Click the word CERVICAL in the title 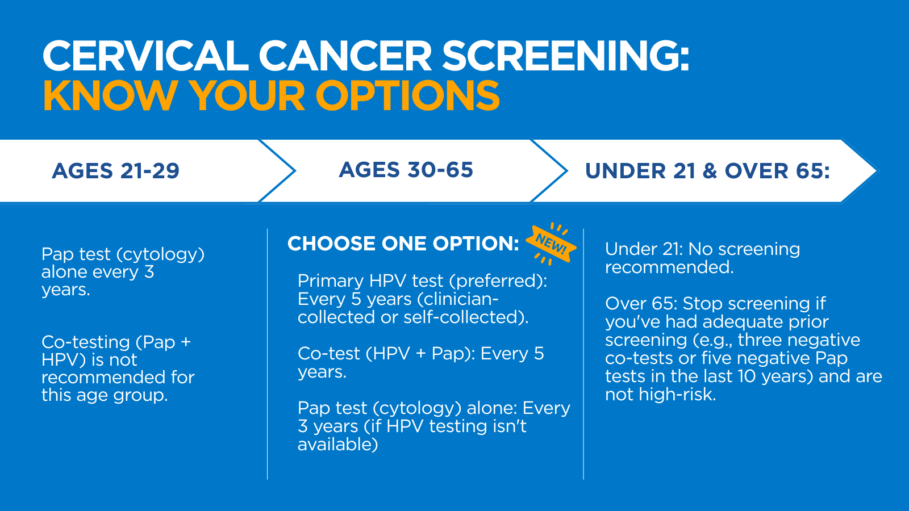pyautogui.click(x=145, y=57)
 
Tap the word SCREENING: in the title pyautogui.click(x=566, y=57)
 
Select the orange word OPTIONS pyautogui.click(x=407, y=95)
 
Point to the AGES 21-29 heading pyautogui.click(x=115, y=171)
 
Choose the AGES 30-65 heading pyautogui.click(x=406, y=170)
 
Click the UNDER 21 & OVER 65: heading pyautogui.click(x=707, y=171)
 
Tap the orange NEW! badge pyautogui.click(x=551, y=244)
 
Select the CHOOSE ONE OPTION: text pyautogui.click(x=403, y=244)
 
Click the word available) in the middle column pyautogui.click(x=338, y=445)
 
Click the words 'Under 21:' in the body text pyautogui.click(x=644, y=249)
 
